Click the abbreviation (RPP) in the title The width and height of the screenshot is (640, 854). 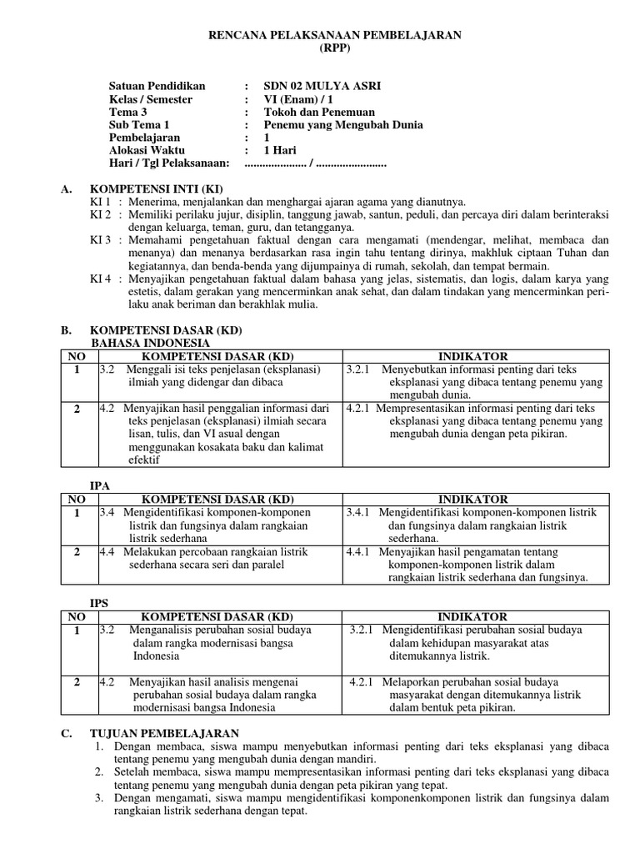(x=336, y=48)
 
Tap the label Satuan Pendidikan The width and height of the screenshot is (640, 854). (x=157, y=86)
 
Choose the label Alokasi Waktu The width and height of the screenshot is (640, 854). (x=148, y=150)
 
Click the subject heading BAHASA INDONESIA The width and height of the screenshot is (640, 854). (x=150, y=343)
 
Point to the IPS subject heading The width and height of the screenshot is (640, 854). (x=100, y=602)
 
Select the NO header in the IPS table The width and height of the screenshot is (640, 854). (x=76, y=616)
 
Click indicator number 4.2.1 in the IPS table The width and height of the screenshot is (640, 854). (x=364, y=681)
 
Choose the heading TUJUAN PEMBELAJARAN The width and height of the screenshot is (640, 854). (x=164, y=732)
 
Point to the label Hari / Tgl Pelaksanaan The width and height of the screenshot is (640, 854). (x=169, y=163)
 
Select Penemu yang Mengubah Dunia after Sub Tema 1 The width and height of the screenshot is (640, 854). (x=343, y=125)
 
